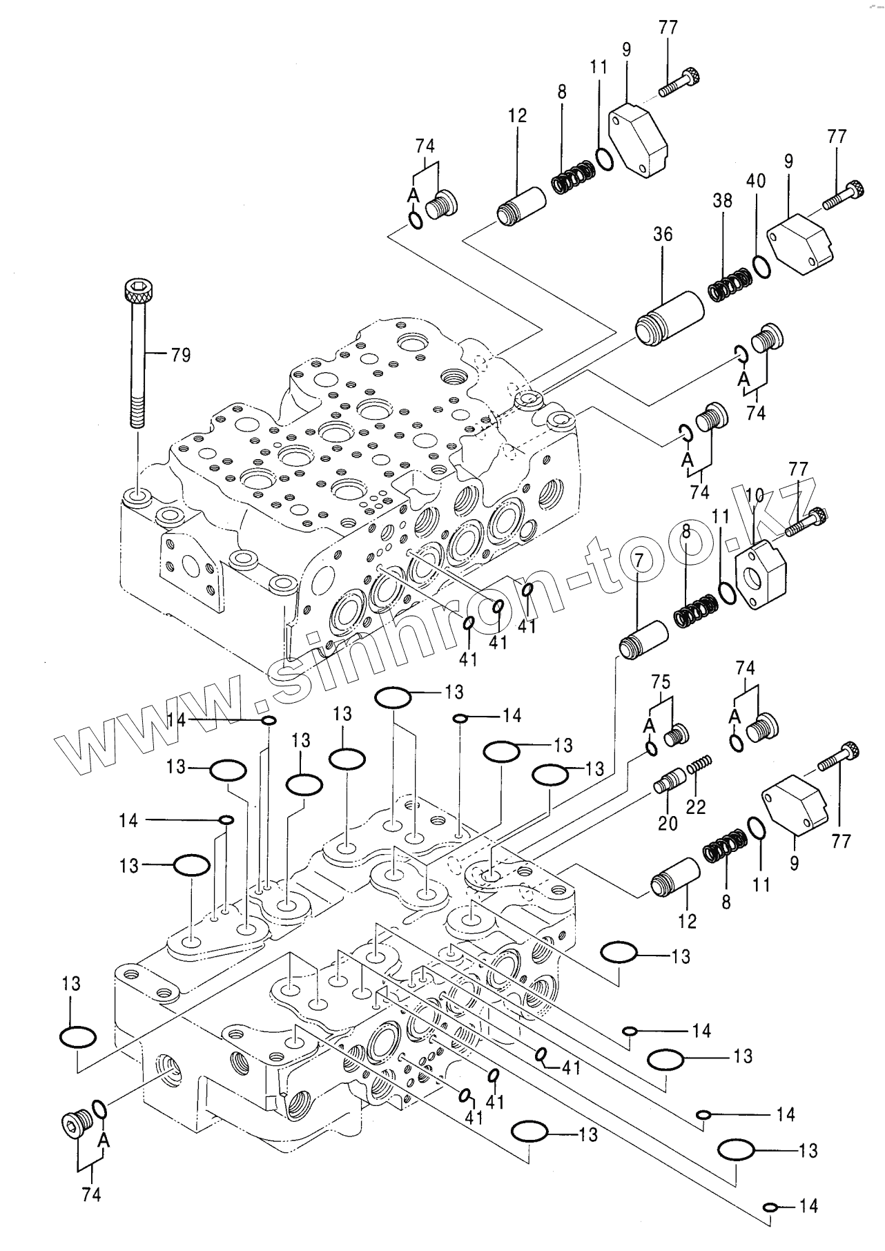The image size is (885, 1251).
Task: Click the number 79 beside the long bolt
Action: [180, 356]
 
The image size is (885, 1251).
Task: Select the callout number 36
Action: [662, 235]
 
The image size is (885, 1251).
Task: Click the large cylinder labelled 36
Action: [668, 318]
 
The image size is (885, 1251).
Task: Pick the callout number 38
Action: [722, 201]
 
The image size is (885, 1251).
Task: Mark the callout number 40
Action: [756, 182]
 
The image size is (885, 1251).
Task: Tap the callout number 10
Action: [755, 495]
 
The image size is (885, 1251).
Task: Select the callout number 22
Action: [696, 806]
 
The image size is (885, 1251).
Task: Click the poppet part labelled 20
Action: [669, 785]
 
